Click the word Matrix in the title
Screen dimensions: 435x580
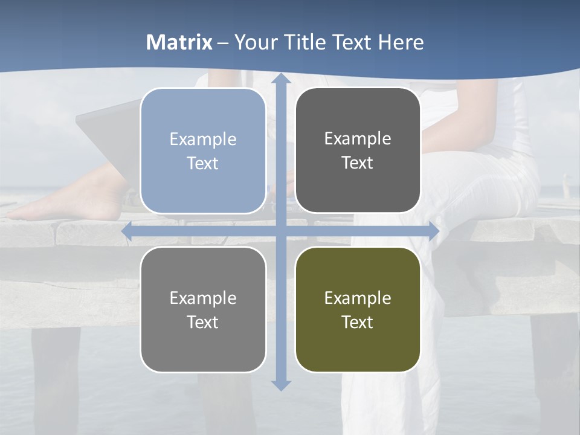pyautogui.click(x=179, y=42)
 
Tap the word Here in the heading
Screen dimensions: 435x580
pyautogui.click(x=401, y=42)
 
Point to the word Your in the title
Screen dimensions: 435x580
pyautogui.click(x=256, y=42)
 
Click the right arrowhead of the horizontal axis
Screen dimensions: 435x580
pyautogui.click(x=434, y=231)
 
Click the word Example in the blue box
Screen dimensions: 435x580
pyautogui.click(x=203, y=139)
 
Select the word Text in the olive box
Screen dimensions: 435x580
pyautogui.click(x=358, y=323)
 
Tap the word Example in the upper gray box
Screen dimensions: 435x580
pyautogui.click(x=358, y=138)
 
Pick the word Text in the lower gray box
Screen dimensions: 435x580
pyautogui.click(x=203, y=323)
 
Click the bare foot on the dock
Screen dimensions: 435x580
pyautogui.click(x=66, y=202)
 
